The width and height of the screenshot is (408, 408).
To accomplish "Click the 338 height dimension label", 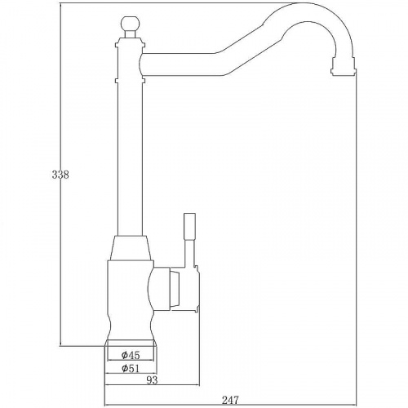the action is [60, 175].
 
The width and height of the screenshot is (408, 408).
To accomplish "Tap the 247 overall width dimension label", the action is [230, 400].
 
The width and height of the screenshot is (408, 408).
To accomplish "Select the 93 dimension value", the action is [152, 380].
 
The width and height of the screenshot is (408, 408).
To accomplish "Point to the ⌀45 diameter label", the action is [131, 355].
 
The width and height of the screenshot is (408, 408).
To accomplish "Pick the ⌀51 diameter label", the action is [131, 368].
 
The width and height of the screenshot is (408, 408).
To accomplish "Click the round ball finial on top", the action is [129, 24].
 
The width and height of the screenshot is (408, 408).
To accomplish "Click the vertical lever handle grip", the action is [189, 226].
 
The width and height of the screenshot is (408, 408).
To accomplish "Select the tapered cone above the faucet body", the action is [131, 247].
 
